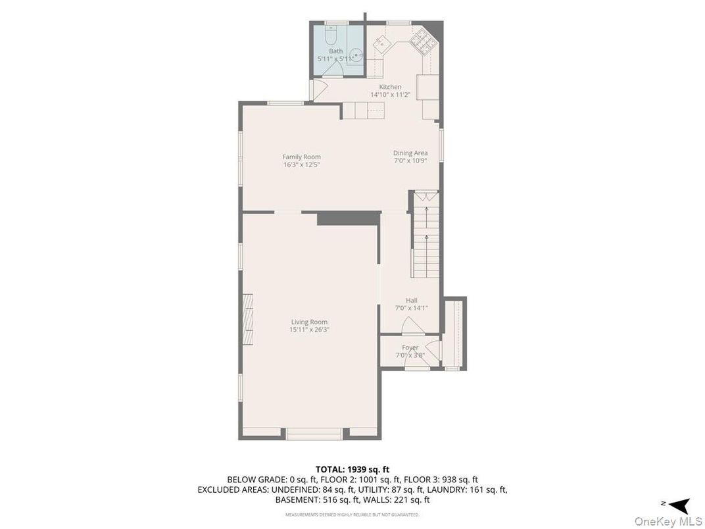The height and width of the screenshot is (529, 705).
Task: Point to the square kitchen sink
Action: [380, 43]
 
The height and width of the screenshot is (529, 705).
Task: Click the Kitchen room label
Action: [390, 87]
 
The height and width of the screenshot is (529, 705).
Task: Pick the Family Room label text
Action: [301, 157]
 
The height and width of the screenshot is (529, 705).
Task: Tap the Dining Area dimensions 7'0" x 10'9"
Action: [410, 161]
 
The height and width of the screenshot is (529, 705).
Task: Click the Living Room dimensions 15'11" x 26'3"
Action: [309, 330]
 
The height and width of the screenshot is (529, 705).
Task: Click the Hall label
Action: [411, 301]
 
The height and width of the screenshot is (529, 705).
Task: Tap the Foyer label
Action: [410, 347]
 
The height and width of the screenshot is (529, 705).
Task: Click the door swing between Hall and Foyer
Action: [408, 324]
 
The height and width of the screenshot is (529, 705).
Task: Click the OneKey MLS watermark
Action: [667, 521]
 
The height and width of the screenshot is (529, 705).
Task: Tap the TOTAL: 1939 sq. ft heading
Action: [352, 469]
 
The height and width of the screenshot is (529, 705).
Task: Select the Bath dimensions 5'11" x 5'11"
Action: [335, 59]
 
